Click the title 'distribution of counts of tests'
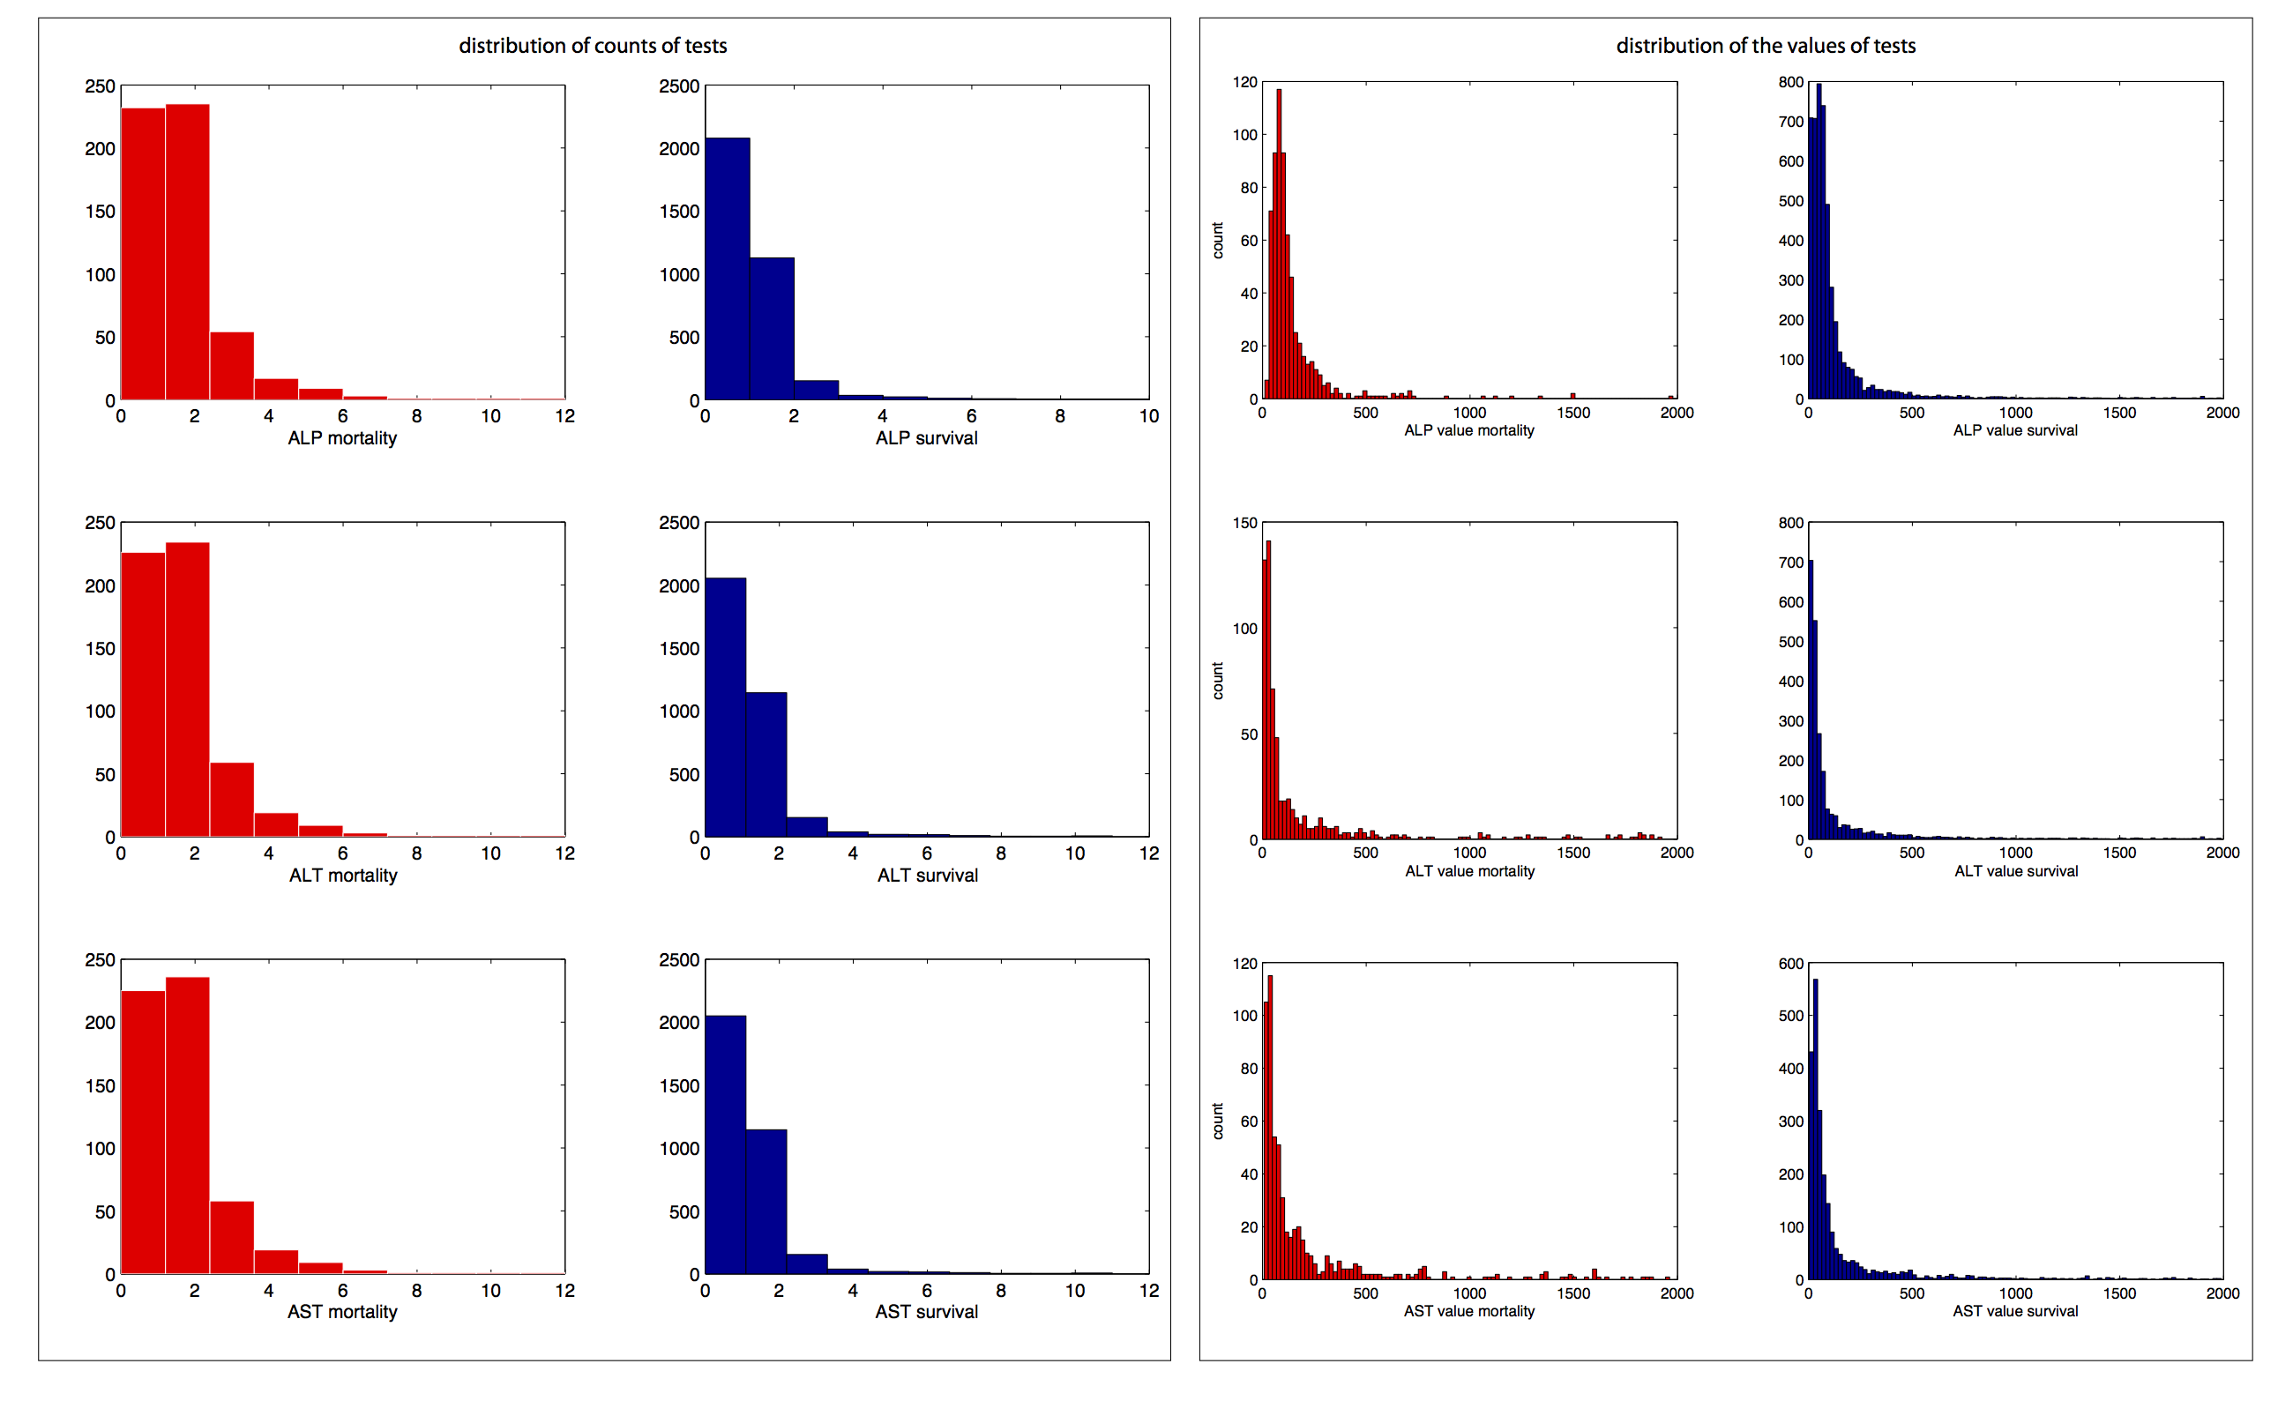click(593, 46)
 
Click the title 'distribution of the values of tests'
click(1766, 46)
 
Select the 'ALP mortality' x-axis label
click(341, 438)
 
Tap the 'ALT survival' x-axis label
click(927, 876)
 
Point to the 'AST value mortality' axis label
click(1468, 1311)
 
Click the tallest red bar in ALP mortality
click(187, 251)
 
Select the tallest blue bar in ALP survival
click(727, 269)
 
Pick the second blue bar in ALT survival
click(766, 764)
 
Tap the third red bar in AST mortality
click(232, 1237)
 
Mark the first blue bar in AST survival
click(725, 1144)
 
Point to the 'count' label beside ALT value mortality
click(1217, 681)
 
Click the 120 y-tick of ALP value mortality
click(1244, 82)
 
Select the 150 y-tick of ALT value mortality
click(1244, 523)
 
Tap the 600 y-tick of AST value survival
click(1790, 964)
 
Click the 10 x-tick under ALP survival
click(1148, 417)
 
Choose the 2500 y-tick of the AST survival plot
click(678, 960)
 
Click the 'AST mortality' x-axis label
click(341, 1312)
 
